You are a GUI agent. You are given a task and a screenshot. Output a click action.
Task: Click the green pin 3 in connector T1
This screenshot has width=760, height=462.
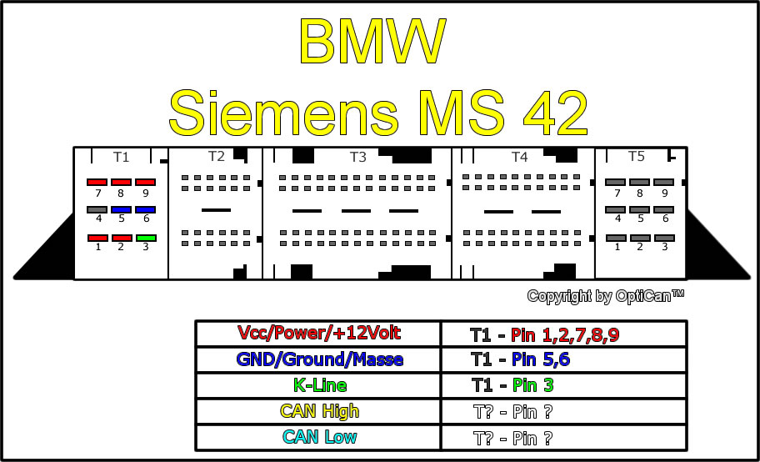point(146,239)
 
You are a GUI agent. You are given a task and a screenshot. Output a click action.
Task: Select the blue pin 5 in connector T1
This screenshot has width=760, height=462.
point(121,210)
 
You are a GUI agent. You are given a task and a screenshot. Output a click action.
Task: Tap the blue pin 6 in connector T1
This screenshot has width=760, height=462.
point(145,210)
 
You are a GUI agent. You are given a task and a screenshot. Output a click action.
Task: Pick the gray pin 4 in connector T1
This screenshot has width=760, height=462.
point(97,210)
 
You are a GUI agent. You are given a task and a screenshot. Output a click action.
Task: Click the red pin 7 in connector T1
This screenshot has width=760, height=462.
point(97,183)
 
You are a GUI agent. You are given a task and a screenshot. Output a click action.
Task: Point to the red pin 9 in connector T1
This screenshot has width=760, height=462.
point(145,183)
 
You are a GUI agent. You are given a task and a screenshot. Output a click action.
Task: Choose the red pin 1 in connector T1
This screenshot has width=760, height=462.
point(97,239)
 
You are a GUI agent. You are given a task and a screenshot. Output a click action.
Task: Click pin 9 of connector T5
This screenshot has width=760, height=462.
point(663,183)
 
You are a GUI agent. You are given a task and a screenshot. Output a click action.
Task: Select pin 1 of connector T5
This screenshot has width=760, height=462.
point(616,239)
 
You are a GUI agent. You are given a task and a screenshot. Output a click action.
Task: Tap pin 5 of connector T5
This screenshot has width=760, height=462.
point(639,210)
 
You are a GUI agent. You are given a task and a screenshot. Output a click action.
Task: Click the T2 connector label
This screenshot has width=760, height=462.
point(217,156)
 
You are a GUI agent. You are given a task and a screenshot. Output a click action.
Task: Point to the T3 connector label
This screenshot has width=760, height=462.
point(358,157)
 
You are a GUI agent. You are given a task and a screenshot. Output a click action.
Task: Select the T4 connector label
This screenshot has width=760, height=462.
point(519,157)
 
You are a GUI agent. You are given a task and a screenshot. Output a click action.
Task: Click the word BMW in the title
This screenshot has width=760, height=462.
point(372,41)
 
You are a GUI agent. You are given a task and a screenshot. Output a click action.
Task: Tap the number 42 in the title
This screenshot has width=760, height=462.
point(555,113)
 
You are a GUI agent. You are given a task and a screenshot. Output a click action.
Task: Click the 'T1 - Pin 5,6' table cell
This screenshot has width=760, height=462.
point(563,359)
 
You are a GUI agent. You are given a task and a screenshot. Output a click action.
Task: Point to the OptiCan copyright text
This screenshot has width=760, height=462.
point(605,296)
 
